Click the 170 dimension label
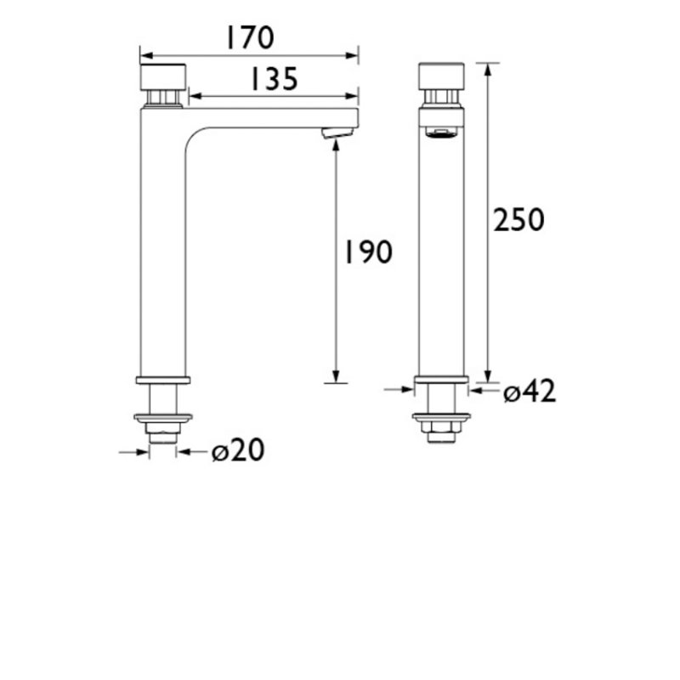tap(249, 38)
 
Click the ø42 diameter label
tap(529, 392)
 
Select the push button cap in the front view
tap(441, 76)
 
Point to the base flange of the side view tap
tap(162, 379)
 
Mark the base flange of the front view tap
tap(441, 380)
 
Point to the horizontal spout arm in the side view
tap(272, 117)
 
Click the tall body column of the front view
tap(441, 255)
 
